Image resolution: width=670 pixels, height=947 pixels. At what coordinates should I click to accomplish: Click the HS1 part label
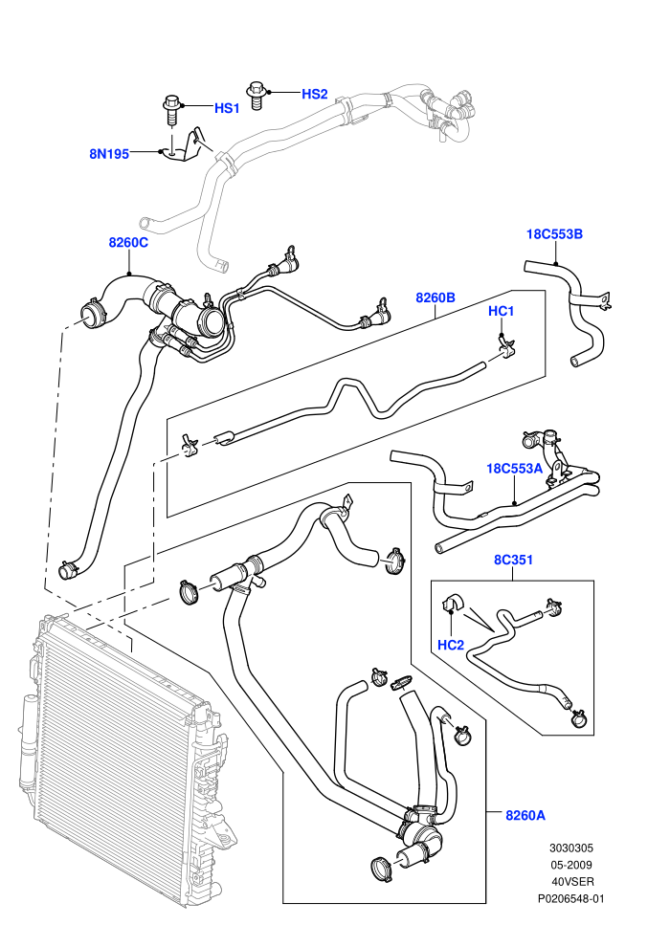tap(227, 108)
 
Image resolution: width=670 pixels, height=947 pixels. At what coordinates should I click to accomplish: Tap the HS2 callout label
tap(315, 94)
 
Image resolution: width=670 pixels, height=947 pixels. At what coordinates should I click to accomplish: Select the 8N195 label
tap(109, 154)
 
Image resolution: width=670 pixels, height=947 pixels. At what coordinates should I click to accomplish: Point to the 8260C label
tap(128, 242)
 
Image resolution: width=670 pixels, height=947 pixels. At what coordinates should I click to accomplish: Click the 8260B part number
tap(435, 297)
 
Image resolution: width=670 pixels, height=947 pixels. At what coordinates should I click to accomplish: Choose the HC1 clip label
tap(501, 311)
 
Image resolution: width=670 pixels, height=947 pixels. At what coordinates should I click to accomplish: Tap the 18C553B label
tap(554, 234)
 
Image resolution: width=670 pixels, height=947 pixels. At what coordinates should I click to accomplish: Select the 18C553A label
tap(515, 468)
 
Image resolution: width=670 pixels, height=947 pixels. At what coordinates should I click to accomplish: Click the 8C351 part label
tap(514, 560)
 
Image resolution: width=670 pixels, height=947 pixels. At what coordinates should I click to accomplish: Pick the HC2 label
tap(451, 645)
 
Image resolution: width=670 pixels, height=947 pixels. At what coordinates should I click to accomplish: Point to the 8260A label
tap(525, 815)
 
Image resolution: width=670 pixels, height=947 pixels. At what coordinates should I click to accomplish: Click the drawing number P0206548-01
tap(570, 898)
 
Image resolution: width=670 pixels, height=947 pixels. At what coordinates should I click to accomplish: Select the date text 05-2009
tap(570, 865)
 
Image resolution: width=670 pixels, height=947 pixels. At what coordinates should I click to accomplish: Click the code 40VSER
tap(572, 882)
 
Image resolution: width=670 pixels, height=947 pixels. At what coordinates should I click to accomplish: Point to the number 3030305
tap(570, 848)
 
